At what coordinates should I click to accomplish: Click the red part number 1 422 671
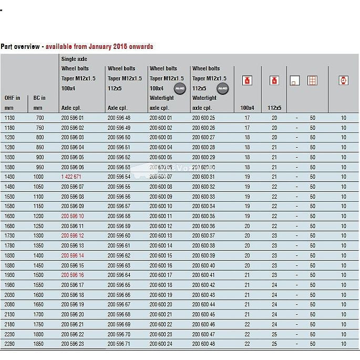coord(71,177)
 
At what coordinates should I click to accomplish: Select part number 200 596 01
coord(73,118)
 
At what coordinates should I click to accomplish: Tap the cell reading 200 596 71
coord(119,344)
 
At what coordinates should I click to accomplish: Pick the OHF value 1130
coord(9,118)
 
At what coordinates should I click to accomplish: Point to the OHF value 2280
coord(9,344)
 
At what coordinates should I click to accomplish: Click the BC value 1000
coord(38,177)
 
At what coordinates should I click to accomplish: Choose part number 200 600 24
coord(161,344)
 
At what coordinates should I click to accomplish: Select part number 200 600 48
coord(203,344)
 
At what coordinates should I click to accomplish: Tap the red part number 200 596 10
coord(73,216)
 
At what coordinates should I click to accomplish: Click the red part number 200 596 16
coord(73,275)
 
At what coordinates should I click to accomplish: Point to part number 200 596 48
coord(119,118)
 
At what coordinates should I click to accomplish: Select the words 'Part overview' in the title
coord(20,46)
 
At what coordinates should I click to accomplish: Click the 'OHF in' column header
coord(12,98)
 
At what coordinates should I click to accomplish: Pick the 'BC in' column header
coord(39,98)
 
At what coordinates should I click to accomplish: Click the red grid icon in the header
coord(312,80)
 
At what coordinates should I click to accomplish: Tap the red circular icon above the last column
coord(343,80)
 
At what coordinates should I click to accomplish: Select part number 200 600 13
coord(161,236)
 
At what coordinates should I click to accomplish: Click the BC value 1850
coord(38,344)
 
